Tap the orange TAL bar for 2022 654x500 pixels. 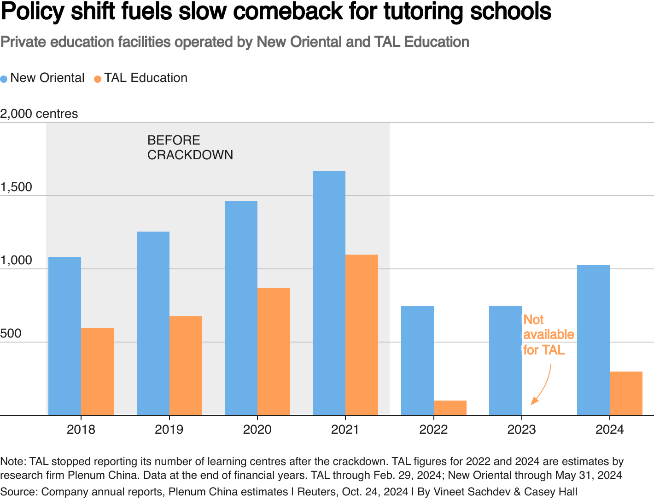450,408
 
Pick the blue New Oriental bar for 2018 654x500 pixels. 64,336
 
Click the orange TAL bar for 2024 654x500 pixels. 626,393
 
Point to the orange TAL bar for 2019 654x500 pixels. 186,366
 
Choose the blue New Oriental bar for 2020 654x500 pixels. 241,308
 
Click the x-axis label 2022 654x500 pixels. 433,430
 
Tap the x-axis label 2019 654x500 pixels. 169,430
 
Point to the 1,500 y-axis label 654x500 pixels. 16,187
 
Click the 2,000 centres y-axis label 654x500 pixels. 39,114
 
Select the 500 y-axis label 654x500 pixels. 11,333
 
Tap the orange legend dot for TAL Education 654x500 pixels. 98,79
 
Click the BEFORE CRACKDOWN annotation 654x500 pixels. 190,147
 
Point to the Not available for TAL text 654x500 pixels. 548,335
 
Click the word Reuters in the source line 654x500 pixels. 316,492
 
